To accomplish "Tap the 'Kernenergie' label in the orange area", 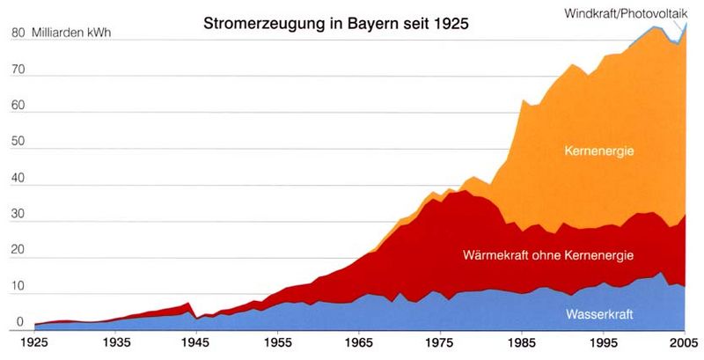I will point(599,151).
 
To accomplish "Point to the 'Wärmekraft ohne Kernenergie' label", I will point(548,255).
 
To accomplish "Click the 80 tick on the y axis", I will point(17,34).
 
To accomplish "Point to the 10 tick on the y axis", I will point(17,288).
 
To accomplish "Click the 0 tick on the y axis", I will point(20,323).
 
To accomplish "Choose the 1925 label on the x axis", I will point(36,342).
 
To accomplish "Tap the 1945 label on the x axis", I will point(196,342).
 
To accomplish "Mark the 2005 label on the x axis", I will point(683,342).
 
